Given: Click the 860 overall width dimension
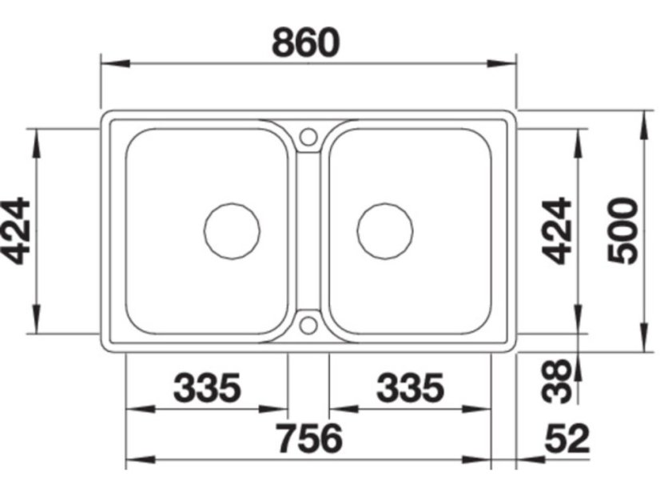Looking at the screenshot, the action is tap(305, 42).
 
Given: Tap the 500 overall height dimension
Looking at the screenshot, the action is tap(623, 231).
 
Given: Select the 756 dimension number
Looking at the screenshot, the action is tap(309, 438).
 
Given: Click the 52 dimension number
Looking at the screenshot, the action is tap(567, 438).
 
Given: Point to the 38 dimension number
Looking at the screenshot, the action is tap(556, 381).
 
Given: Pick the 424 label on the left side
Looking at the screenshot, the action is tap(15, 231).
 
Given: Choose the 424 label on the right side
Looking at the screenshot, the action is tap(556, 231).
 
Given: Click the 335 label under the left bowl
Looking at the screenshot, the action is tap(207, 388).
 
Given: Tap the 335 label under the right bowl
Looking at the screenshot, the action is tap(411, 388).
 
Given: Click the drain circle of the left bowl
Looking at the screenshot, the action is tap(232, 203).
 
